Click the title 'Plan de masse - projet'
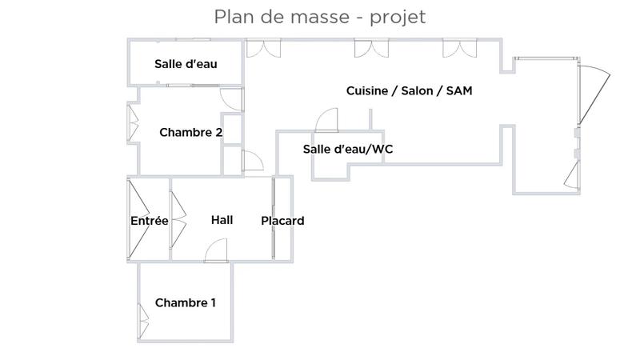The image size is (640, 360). pos(319,17)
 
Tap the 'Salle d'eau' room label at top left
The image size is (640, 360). pos(186,64)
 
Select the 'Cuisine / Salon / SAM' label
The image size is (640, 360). pos(409,90)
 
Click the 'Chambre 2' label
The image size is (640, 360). pos(190,132)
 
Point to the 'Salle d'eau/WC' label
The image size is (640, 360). pos(348,150)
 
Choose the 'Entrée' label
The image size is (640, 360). pos(149,221)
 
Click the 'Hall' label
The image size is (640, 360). pos(222,219)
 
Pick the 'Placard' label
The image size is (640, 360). pos(282,221)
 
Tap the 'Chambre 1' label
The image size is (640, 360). pos(186,302)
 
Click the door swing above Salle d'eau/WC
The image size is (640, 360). pos(328,121)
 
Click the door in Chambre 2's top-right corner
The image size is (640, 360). pos(231,99)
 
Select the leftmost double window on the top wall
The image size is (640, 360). pos(263,48)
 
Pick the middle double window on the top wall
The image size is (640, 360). pos(371,48)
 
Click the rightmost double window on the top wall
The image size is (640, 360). pos(460,48)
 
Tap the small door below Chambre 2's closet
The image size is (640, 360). pos(252,162)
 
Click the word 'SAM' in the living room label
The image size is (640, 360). pos(459,90)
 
